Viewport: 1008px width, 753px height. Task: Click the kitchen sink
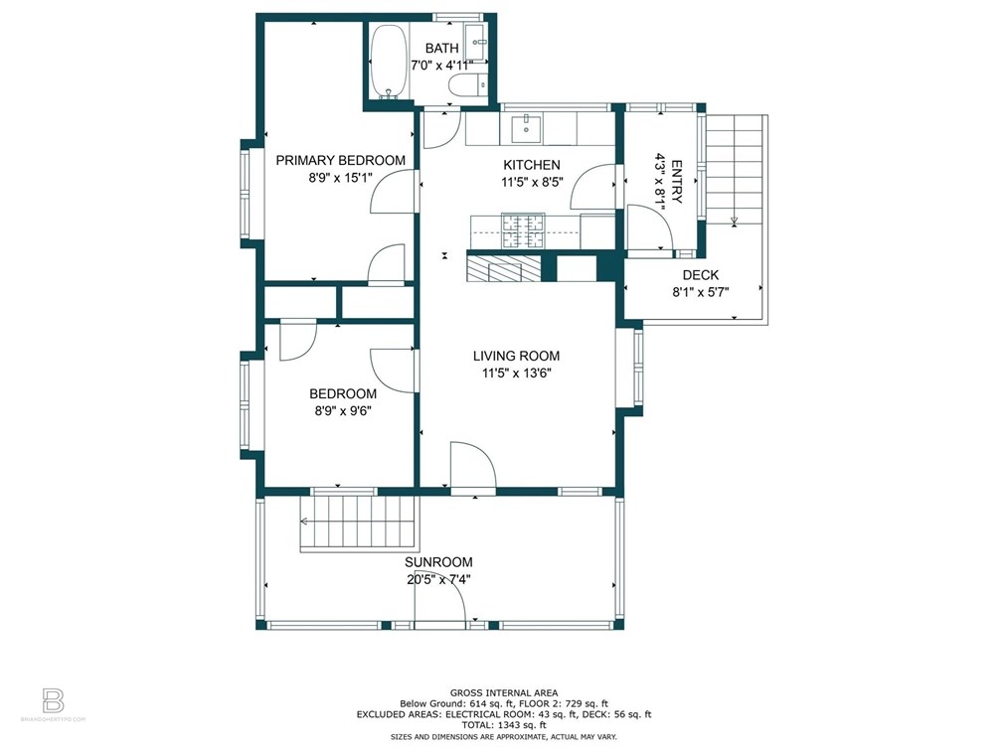(x=527, y=127)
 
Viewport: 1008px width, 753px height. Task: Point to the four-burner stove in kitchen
(x=523, y=230)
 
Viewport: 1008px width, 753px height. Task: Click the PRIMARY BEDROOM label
(x=340, y=160)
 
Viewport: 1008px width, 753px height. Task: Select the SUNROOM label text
(x=438, y=562)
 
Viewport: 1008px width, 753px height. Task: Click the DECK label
(x=701, y=275)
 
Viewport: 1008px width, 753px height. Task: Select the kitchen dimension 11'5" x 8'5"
(x=531, y=182)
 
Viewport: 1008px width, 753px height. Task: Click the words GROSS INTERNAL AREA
(x=503, y=692)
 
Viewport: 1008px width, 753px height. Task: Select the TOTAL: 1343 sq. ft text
(x=503, y=725)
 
